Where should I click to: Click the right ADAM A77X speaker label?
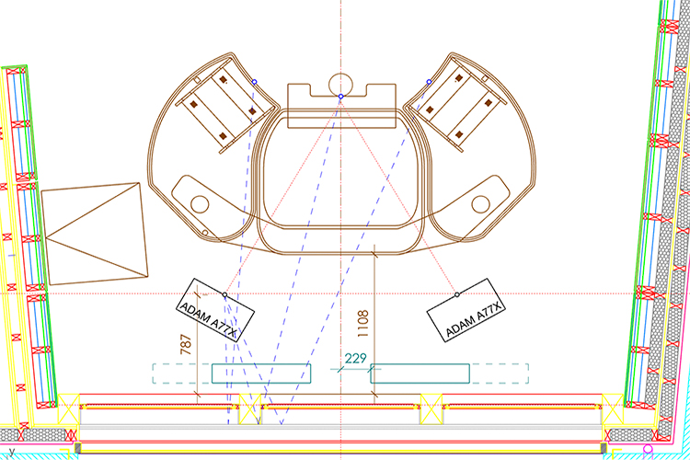pos(473,319)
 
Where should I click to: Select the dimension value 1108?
pos(362,324)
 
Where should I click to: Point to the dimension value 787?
pos(186,344)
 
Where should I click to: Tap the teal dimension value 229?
pos(355,358)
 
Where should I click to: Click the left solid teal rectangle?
pos(261,374)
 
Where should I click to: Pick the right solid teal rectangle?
pos(420,374)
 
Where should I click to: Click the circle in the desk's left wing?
pos(200,204)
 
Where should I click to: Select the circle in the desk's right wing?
pos(480,204)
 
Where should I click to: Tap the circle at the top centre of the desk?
pos(340,85)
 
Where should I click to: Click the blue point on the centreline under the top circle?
pos(340,97)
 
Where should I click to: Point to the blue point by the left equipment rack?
pos(254,82)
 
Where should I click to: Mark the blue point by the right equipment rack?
pos(429,82)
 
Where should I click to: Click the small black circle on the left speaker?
pos(224,294)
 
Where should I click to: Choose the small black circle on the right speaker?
pos(456,294)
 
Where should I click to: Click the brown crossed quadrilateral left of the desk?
pos(94,234)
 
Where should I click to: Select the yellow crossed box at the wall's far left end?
pos(69,408)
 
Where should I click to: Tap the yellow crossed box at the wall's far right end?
pos(613,408)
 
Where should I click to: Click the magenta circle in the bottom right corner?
pos(648,450)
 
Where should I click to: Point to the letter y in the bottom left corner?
pos(12,452)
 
